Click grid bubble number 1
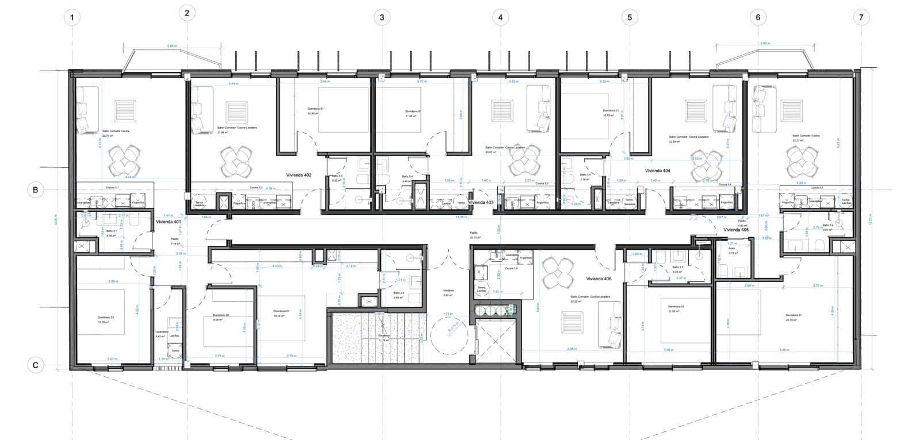click(x=72, y=17)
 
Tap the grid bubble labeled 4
click(x=500, y=17)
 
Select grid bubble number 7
click(x=861, y=17)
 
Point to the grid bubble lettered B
click(x=36, y=190)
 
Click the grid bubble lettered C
click(x=36, y=365)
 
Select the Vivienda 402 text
click(x=299, y=175)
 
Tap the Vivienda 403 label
click(x=481, y=203)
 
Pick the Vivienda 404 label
click(x=658, y=171)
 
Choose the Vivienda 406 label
click(x=599, y=279)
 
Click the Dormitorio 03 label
click(x=105, y=318)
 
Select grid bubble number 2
click(x=187, y=13)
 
